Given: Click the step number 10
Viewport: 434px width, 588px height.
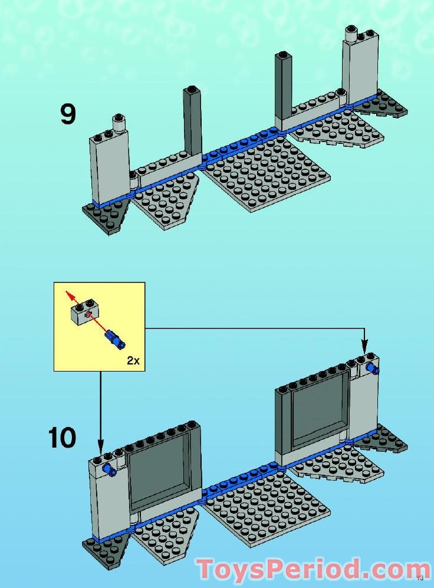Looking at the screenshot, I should pos(62,438).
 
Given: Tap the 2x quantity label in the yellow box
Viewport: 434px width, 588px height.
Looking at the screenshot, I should pos(133,360).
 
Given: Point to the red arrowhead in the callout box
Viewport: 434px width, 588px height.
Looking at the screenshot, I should pos(68,292).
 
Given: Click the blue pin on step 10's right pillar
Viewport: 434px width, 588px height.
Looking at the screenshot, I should pos(372,369).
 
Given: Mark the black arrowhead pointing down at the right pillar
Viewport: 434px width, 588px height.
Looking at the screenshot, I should pos(364,347).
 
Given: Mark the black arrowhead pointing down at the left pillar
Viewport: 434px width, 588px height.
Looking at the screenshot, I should pos(100,446).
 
